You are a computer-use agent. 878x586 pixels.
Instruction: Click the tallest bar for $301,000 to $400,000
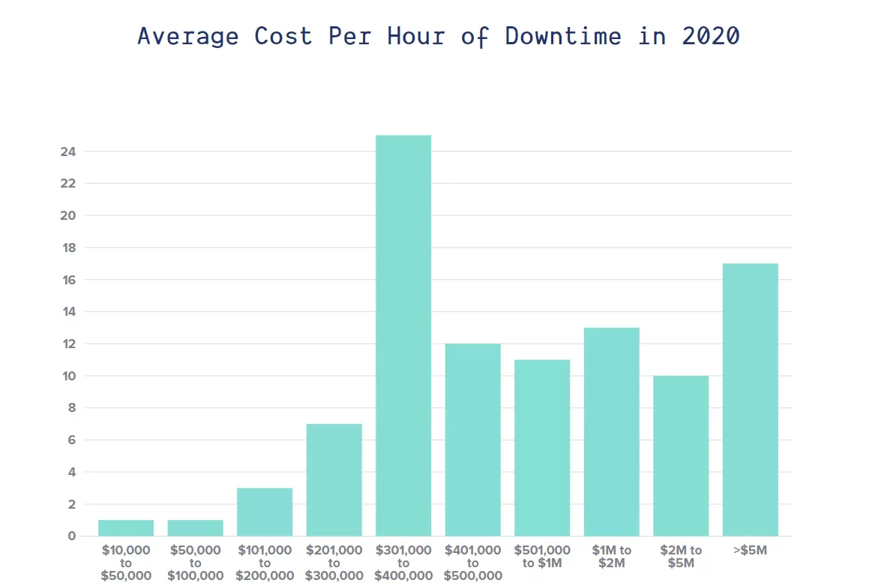pyautogui.click(x=403, y=335)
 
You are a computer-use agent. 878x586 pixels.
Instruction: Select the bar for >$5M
pyautogui.click(x=750, y=399)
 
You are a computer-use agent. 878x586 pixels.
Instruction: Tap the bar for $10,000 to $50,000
pyautogui.click(x=126, y=527)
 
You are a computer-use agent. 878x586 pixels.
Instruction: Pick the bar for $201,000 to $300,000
pyautogui.click(x=334, y=479)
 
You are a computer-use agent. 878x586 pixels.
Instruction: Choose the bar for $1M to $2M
pyautogui.click(x=611, y=431)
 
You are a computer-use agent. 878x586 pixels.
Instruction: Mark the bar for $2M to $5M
pyautogui.click(x=681, y=455)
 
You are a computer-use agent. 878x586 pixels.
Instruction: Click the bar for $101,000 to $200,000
pyautogui.click(x=265, y=512)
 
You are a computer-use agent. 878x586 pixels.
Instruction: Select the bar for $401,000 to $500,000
pyautogui.click(x=472, y=440)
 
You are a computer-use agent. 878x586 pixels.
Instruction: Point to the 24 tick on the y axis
pyautogui.click(x=68, y=152)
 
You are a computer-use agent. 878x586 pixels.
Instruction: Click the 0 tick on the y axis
pyautogui.click(x=72, y=536)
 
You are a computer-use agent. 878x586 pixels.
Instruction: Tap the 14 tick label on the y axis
pyautogui.click(x=68, y=311)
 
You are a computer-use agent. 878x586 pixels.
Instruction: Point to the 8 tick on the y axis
pyautogui.click(x=72, y=407)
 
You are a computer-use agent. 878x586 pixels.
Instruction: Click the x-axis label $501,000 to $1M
pyautogui.click(x=542, y=557)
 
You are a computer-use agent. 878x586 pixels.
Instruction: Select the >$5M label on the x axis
pyautogui.click(x=750, y=551)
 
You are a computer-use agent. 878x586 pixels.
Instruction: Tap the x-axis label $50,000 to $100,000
pyautogui.click(x=196, y=563)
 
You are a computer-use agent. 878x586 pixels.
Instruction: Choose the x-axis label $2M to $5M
pyautogui.click(x=681, y=557)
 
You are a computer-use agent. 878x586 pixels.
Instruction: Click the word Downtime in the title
pyautogui.click(x=563, y=36)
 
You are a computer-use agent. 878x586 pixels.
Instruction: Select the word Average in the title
pyautogui.click(x=189, y=36)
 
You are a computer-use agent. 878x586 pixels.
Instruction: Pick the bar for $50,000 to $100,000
pyautogui.click(x=196, y=527)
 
